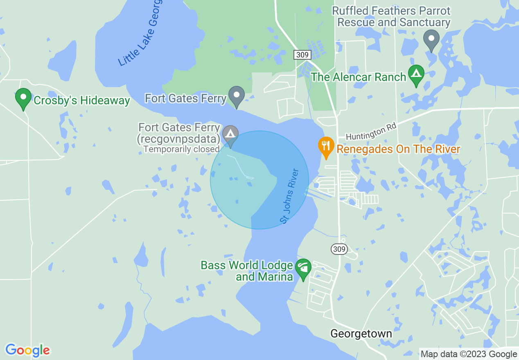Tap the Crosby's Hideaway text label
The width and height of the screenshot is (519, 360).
click(82, 100)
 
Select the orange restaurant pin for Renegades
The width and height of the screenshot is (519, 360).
click(326, 147)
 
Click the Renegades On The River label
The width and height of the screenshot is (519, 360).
click(398, 149)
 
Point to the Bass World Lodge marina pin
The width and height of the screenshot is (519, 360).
click(303, 269)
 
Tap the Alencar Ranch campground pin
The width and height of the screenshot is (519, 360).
click(416, 75)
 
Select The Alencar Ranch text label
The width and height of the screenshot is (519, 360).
click(359, 76)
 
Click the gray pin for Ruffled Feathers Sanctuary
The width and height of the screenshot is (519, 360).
click(431, 40)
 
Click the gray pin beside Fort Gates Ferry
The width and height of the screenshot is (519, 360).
click(236, 96)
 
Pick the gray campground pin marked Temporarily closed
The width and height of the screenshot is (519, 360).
click(230, 135)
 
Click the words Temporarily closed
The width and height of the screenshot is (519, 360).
click(181, 149)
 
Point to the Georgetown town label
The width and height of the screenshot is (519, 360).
click(361, 334)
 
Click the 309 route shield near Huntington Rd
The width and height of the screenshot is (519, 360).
click(302, 54)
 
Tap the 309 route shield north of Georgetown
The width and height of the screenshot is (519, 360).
click(340, 249)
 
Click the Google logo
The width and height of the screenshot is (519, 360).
click(27, 351)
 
